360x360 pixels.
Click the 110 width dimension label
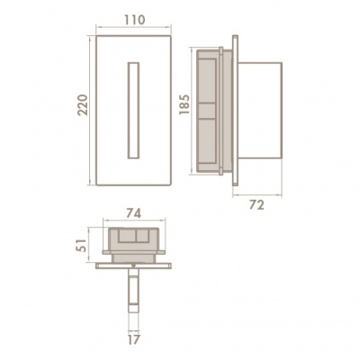(134, 20)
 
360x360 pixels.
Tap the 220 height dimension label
(83, 105)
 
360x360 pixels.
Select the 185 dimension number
(184, 104)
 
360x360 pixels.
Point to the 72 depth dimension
(256, 205)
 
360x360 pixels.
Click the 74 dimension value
(133, 213)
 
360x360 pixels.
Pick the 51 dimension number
(81, 245)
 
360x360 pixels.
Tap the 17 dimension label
(133, 340)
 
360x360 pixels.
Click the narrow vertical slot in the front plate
(133, 111)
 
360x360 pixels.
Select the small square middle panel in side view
(207, 111)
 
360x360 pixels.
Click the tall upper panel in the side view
(207, 81)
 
